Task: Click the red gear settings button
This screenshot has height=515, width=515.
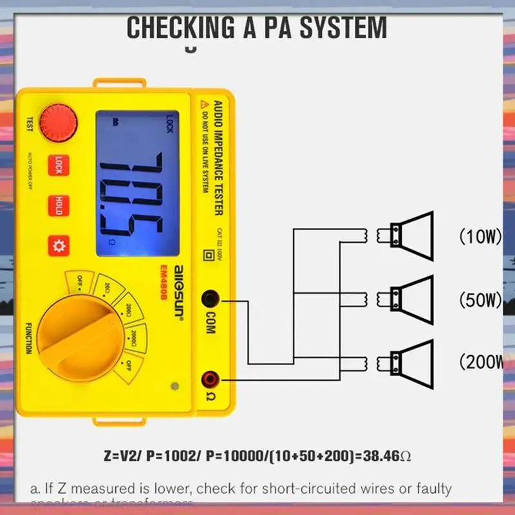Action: (59, 246)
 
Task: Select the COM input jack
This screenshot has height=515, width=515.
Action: (210, 299)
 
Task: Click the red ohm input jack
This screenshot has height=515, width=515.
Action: (210, 379)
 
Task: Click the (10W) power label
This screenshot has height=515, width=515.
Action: (480, 236)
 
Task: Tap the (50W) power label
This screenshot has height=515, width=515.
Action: (480, 299)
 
